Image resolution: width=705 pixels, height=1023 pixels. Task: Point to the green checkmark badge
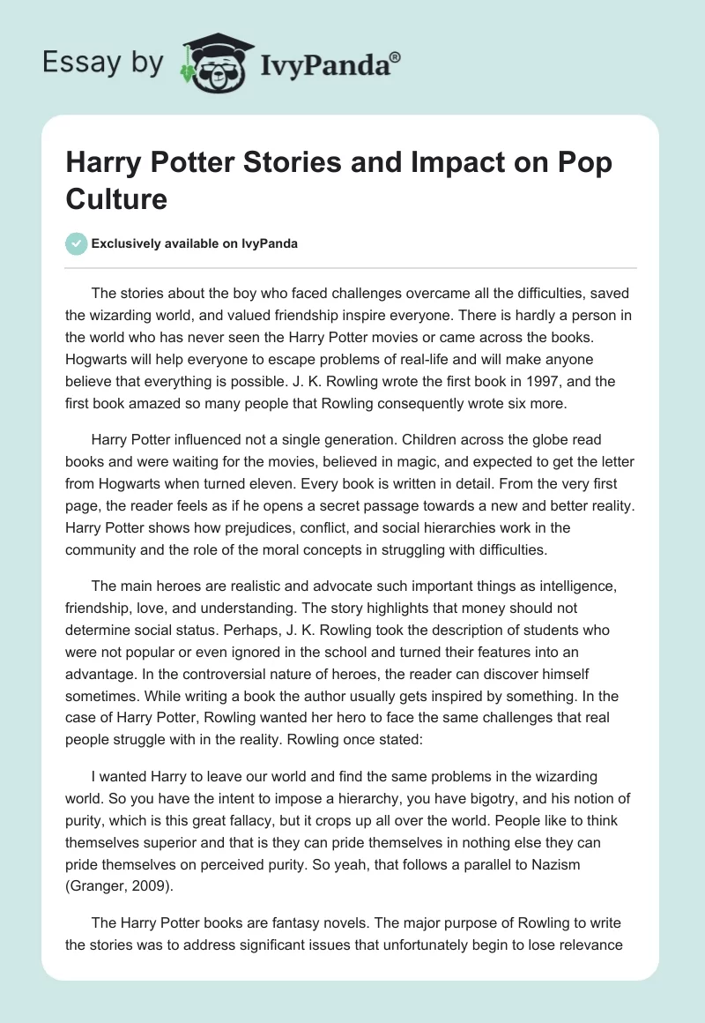tap(76, 243)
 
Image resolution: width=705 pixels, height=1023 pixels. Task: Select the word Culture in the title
tap(115, 198)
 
